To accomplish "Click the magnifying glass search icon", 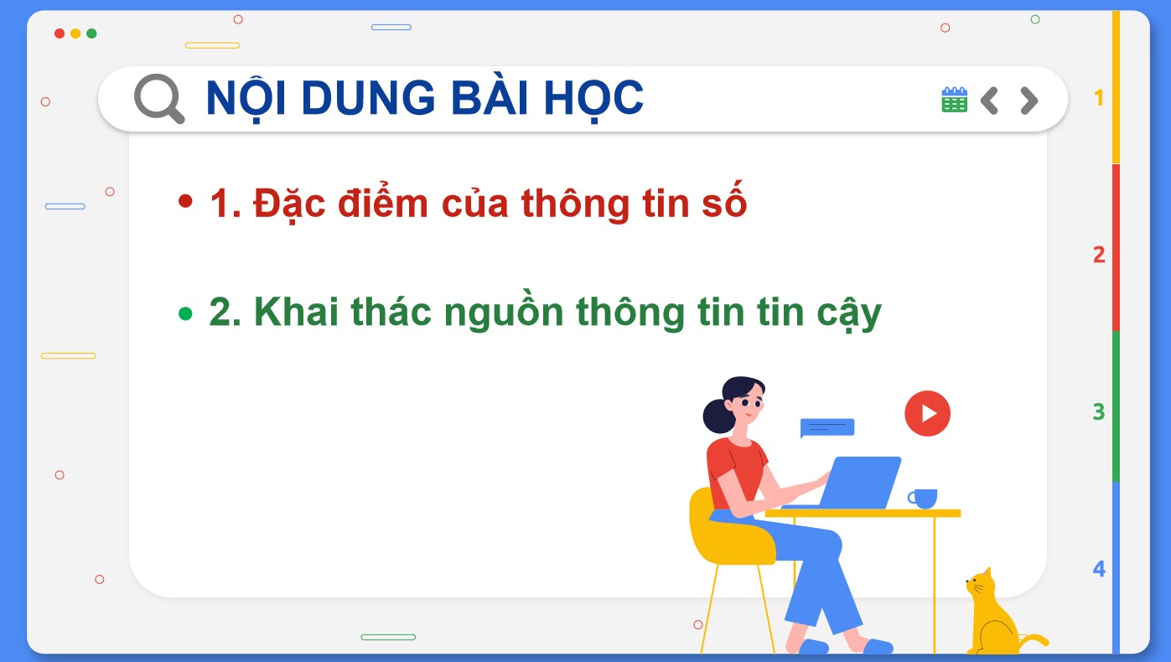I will tap(158, 98).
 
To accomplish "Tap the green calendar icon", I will tap(954, 100).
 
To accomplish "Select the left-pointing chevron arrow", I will tap(989, 101).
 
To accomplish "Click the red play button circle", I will tap(927, 413).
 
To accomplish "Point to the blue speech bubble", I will tap(826, 427).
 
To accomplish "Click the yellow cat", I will tap(993, 616).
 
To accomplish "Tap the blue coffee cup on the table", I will tap(923, 498).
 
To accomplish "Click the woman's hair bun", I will tap(718, 415).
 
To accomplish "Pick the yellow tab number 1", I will tap(1099, 98).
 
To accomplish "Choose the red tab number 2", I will tap(1099, 255).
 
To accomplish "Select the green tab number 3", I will tap(1099, 411).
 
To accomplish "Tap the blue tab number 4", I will tap(1099, 569).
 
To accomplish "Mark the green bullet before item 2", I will tap(186, 313).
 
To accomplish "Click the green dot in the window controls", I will tap(91, 34).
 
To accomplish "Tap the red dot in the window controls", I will tap(60, 34).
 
